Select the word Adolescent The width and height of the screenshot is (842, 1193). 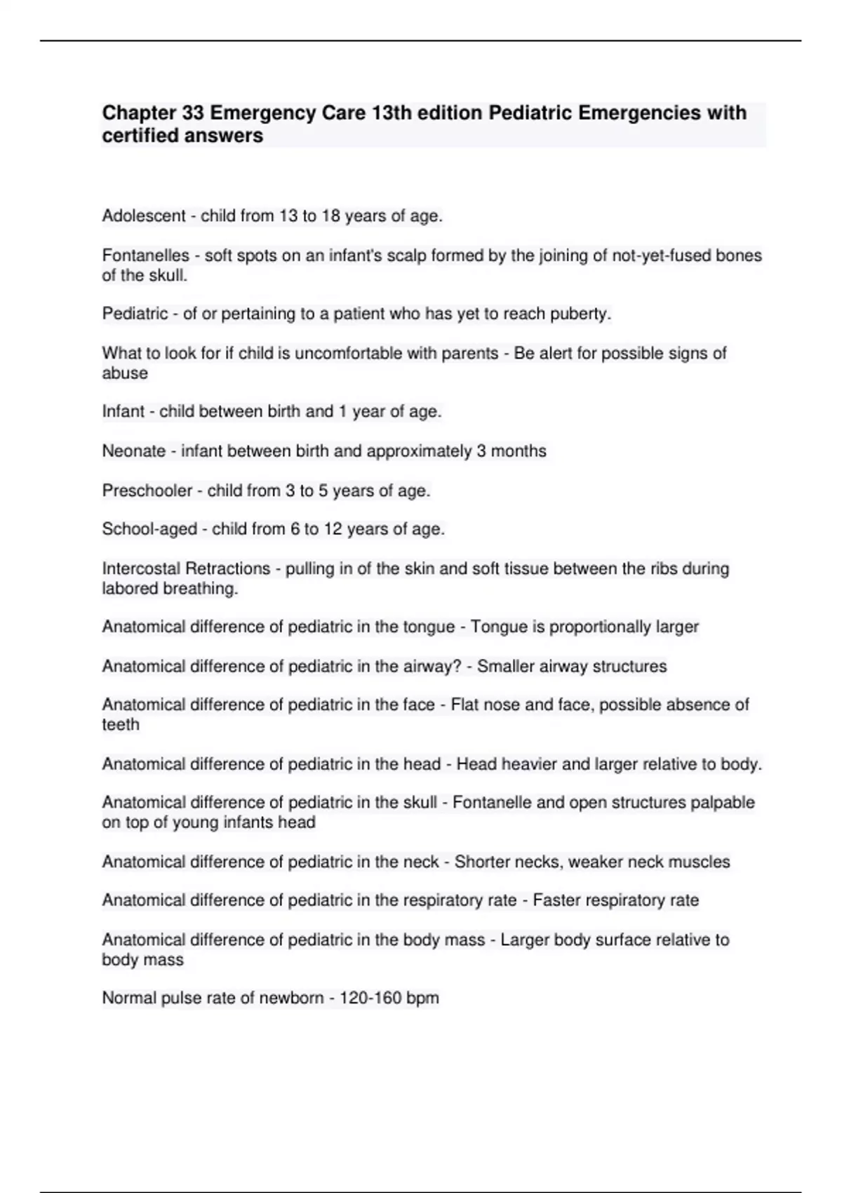point(144,216)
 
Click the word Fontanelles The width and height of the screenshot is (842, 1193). point(145,255)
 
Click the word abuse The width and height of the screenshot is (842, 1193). point(125,373)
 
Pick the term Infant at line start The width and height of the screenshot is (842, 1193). point(123,411)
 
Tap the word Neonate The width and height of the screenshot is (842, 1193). point(134,451)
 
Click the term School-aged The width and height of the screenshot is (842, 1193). point(149,528)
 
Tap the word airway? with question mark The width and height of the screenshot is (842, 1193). point(433,666)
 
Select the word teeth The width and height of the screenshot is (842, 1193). point(121,724)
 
